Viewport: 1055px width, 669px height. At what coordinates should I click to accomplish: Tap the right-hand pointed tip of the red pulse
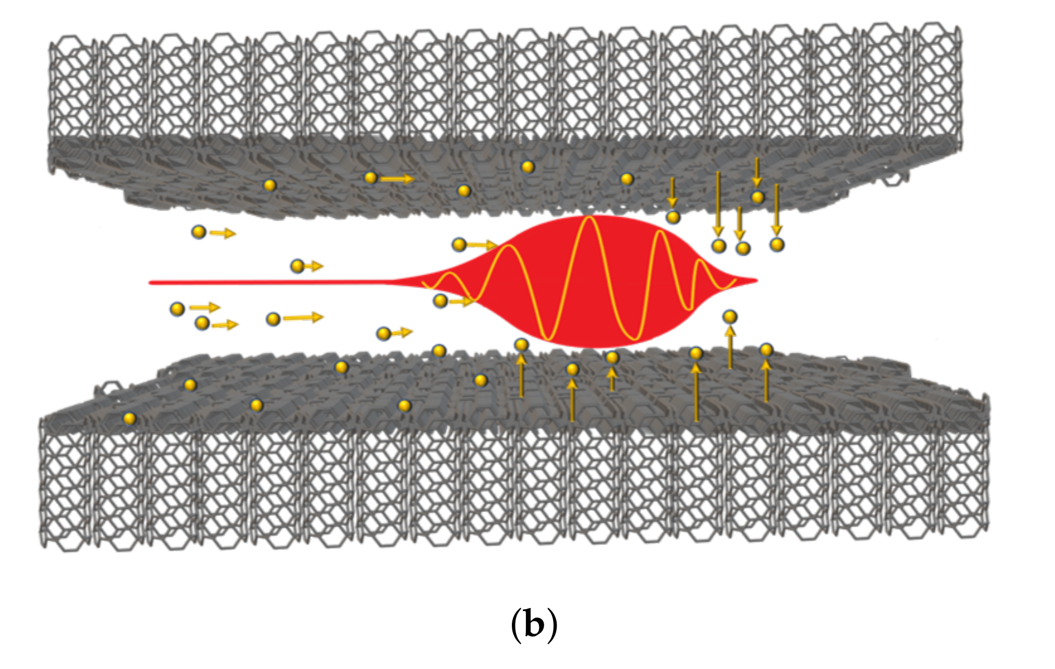755,281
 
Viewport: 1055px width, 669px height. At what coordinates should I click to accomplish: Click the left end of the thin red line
151,282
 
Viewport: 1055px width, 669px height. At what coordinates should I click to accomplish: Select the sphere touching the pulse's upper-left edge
459,244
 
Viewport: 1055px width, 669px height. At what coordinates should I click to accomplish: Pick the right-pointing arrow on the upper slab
396,179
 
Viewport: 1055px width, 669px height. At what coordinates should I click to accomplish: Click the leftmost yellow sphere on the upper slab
269,185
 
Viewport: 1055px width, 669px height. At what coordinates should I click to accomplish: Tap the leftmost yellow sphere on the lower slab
129,418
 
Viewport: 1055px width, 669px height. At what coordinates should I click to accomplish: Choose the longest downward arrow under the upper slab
718,203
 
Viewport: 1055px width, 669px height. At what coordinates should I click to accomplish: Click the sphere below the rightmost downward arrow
777,244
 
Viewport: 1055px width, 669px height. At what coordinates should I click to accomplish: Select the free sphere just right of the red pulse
730,316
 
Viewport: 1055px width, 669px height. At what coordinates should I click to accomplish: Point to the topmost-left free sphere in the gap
199,232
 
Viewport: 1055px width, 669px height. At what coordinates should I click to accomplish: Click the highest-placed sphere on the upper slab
528,167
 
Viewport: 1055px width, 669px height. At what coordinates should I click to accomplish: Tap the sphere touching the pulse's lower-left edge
440,301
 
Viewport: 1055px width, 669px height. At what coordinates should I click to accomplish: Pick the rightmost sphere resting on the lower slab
766,350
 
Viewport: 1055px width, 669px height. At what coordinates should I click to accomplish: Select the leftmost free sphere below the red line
177,309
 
